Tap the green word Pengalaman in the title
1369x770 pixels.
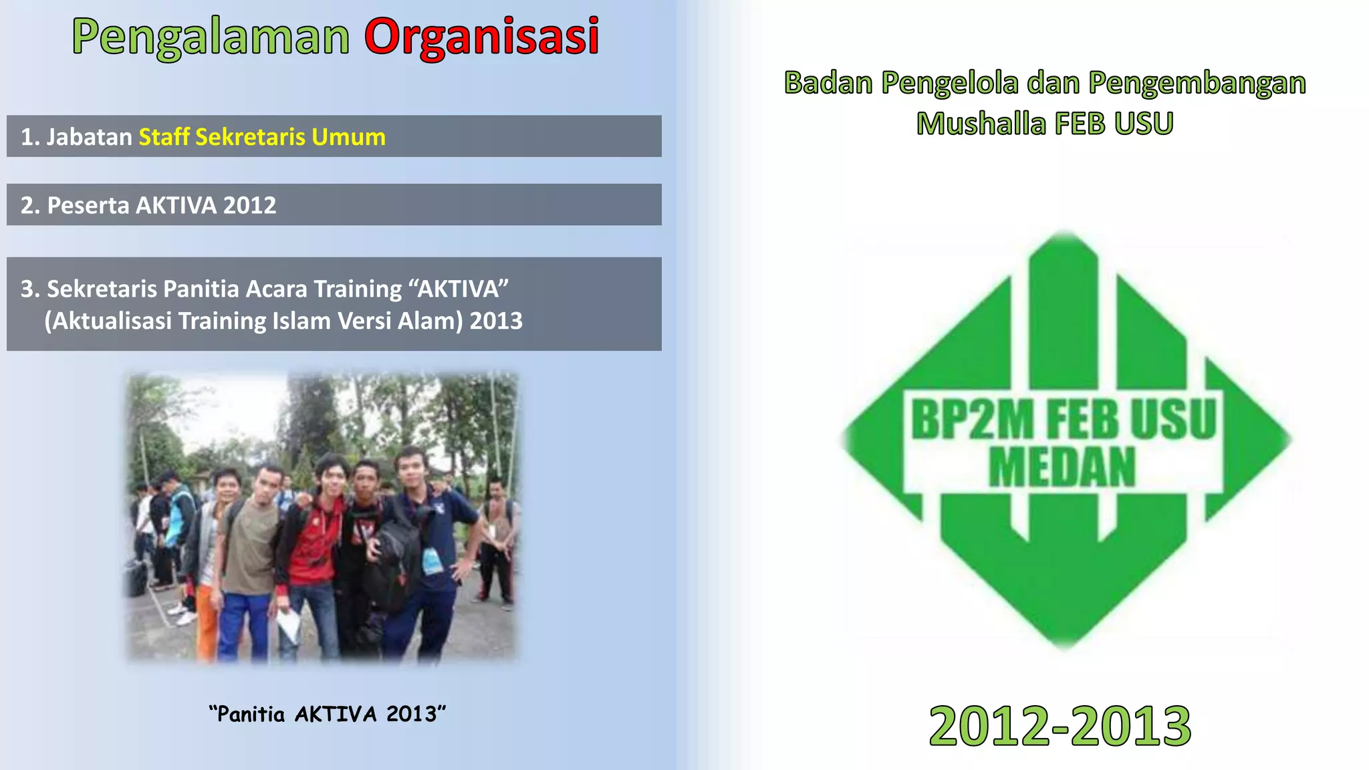pyautogui.click(x=211, y=37)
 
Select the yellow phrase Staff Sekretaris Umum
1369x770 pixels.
pyautogui.click(x=262, y=137)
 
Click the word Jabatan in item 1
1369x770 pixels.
pyautogui.click(x=89, y=137)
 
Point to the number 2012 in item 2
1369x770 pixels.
pyautogui.click(x=249, y=205)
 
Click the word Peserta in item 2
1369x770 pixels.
pyautogui.click(x=88, y=205)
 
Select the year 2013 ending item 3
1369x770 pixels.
pyautogui.click(x=496, y=321)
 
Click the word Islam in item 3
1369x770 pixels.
pyautogui.click(x=301, y=321)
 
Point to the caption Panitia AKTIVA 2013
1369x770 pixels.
pyautogui.click(x=327, y=714)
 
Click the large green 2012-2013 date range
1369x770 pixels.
pyautogui.click(x=1060, y=727)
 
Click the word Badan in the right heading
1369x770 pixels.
pyautogui.click(x=828, y=83)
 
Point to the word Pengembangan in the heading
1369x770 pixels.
pyautogui.click(x=1197, y=83)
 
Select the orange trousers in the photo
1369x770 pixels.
pyautogui.click(x=206, y=622)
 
